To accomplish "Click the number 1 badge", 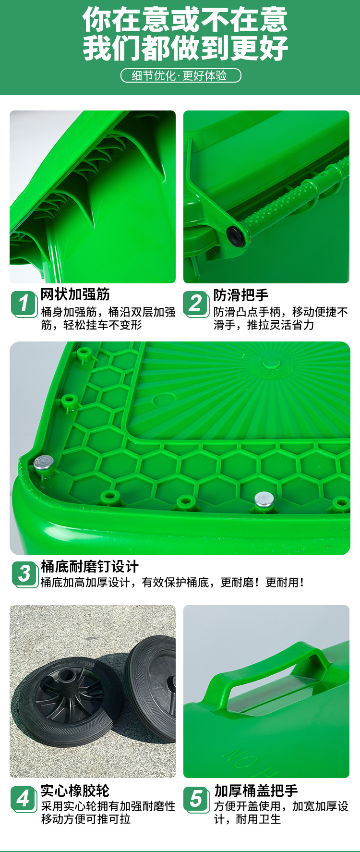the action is pos(24,304).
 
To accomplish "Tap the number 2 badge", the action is pos(196,304).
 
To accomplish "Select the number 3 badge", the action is pos(24,573).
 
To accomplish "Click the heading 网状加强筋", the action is pos(75,294).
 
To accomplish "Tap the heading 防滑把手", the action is pos(241,294).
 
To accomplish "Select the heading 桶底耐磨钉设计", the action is pos(90,566).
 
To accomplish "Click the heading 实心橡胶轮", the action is pos(75,790).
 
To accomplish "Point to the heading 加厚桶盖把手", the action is pos(256,790).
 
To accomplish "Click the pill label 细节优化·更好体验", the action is pos(180,75).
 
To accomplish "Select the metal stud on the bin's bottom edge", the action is pos(264,499).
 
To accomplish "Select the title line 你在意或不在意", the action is pos(185,19).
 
